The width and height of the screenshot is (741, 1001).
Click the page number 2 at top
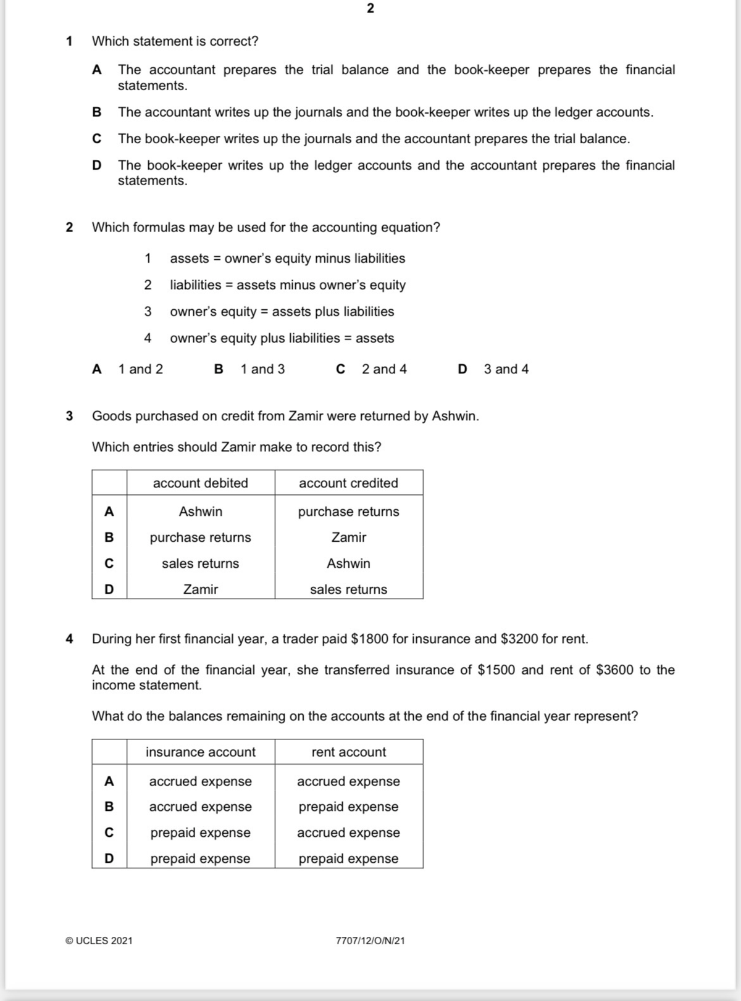(x=370, y=9)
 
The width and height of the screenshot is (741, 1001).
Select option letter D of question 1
(x=96, y=165)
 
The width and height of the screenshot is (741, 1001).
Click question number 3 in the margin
(x=69, y=416)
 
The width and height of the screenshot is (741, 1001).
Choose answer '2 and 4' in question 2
(x=383, y=369)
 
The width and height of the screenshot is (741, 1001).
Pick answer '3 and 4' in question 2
(x=506, y=369)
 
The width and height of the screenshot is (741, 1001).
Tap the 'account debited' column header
(x=200, y=483)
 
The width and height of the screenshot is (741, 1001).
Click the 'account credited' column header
(x=348, y=483)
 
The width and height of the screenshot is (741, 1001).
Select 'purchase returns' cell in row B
(x=200, y=538)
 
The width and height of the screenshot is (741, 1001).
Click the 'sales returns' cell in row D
(x=348, y=589)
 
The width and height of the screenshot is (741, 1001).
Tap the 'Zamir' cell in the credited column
(x=348, y=538)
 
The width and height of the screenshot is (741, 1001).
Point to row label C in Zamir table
(x=109, y=563)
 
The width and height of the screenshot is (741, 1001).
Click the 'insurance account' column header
(x=200, y=752)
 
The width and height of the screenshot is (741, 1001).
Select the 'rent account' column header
(x=348, y=752)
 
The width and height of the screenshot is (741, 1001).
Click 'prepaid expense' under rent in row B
(x=348, y=807)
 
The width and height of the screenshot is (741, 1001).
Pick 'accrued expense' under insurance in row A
(x=200, y=781)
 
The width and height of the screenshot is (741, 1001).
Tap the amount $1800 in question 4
(x=369, y=639)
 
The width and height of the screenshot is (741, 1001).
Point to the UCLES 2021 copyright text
(x=99, y=941)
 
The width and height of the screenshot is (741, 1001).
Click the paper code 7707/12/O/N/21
(x=370, y=941)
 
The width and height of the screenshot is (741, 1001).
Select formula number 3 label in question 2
(x=148, y=312)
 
